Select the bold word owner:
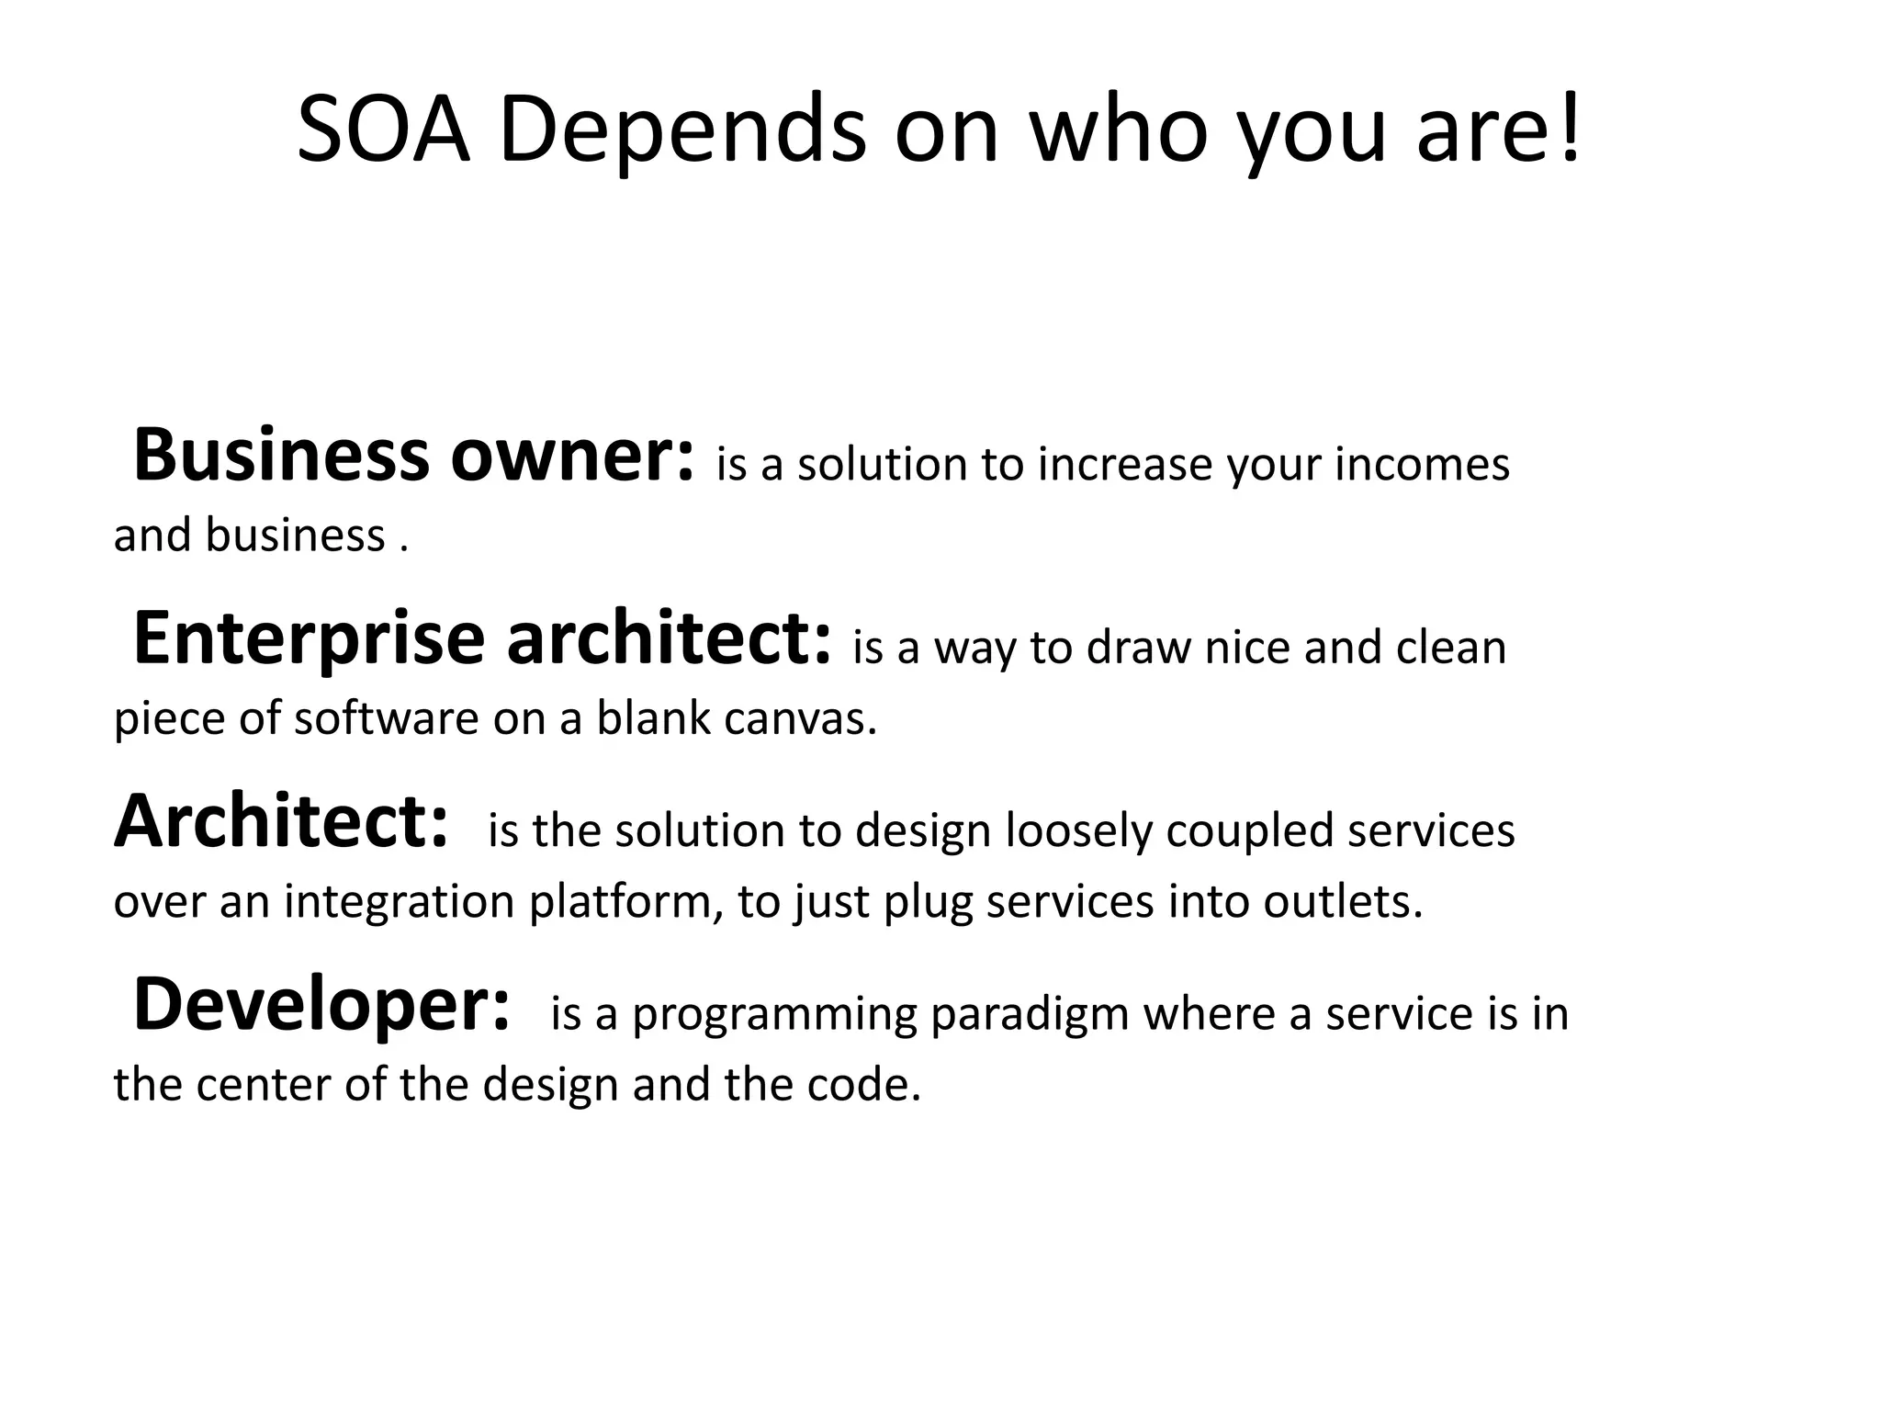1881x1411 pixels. [x=572, y=457]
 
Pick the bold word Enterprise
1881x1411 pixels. [x=309, y=640]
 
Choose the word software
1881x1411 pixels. [x=386, y=719]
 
